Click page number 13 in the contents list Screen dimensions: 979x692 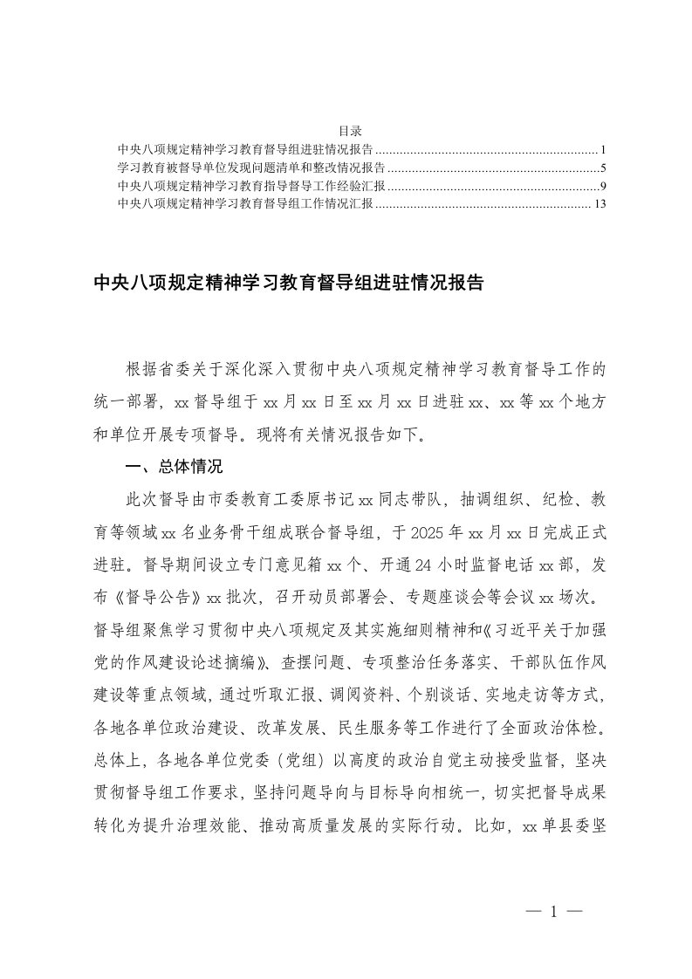600,204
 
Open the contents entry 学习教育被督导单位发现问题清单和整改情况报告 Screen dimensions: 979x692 251,168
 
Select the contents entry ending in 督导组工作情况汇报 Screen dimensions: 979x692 245,204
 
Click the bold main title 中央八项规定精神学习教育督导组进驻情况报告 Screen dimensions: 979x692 288,284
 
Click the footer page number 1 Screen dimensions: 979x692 552,912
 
